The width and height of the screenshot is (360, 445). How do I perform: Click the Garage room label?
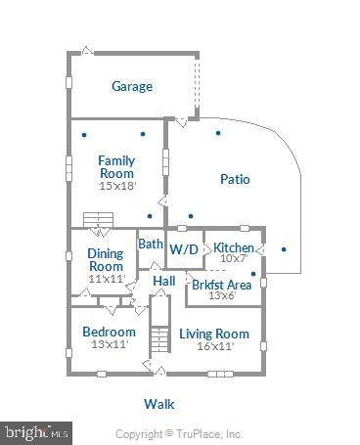click(131, 86)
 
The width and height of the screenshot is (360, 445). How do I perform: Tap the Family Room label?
click(116, 166)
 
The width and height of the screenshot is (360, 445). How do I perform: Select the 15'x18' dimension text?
click(116, 185)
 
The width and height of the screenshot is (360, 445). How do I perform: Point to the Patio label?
click(234, 179)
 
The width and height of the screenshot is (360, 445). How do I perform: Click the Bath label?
click(150, 244)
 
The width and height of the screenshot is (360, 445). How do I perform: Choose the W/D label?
click(183, 249)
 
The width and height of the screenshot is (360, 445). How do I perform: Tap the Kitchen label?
click(234, 247)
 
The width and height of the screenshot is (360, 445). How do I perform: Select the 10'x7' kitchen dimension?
click(234, 259)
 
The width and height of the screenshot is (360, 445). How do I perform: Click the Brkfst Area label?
click(221, 285)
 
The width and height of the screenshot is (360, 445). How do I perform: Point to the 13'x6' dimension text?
click(221, 296)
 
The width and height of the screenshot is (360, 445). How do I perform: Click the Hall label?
click(163, 281)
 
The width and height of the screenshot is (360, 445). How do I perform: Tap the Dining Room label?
click(106, 260)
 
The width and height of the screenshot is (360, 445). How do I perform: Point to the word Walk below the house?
click(158, 403)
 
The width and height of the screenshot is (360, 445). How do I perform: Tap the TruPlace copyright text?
click(179, 433)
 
